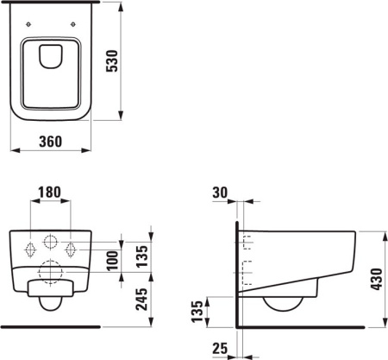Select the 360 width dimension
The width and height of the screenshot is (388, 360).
click(x=51, y=142)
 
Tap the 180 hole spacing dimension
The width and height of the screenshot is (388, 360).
click(x=51, y=192)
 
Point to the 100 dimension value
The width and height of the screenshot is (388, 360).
click(x=110, y=259)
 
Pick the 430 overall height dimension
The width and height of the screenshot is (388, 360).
click(x=375, y=278)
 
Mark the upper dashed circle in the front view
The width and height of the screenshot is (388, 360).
click(x=51, y=243)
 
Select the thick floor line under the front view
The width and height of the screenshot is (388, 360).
click(x=51, y=327)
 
